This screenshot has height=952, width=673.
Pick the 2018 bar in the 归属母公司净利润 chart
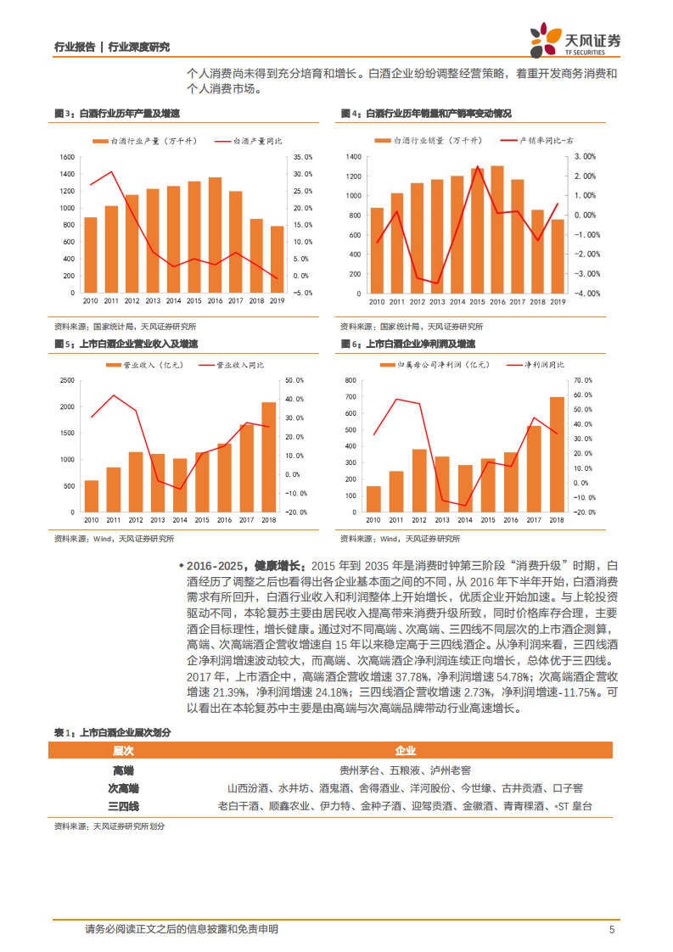coord(557,455)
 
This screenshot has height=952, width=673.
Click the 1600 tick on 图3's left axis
coord(67,157)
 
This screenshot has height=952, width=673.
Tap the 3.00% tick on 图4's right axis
coord(586,157)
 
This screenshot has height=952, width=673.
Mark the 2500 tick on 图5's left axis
coord(67,381)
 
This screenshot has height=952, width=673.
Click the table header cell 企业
coord(405,751)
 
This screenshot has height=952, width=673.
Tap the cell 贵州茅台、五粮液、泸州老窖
coord(405,770)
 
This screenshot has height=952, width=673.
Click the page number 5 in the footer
coord(612,930)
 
